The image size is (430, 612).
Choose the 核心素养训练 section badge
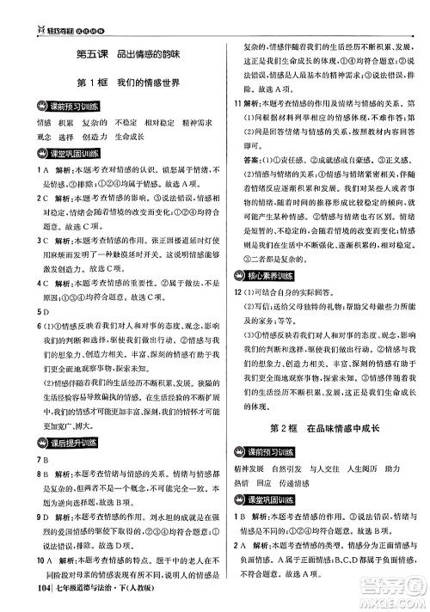click(x=273, y=277)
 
